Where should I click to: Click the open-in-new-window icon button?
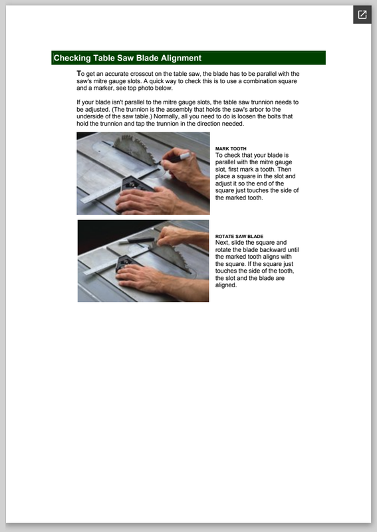click(362, 15)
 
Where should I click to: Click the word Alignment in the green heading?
click(181, 58)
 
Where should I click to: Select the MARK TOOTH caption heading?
click(231, 148)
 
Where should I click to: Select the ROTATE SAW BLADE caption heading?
click(239, 237)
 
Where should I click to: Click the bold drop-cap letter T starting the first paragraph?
click(78, 73)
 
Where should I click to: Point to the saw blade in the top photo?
click(135, 149)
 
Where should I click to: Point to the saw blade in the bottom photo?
click(172, 258)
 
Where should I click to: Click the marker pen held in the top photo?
click(176, 158)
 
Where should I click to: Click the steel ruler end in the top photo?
click(86, 199)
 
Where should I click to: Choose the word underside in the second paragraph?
click(90, 116)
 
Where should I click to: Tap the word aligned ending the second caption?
click(225, 285)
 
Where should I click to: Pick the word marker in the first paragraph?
click(100, 88)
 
